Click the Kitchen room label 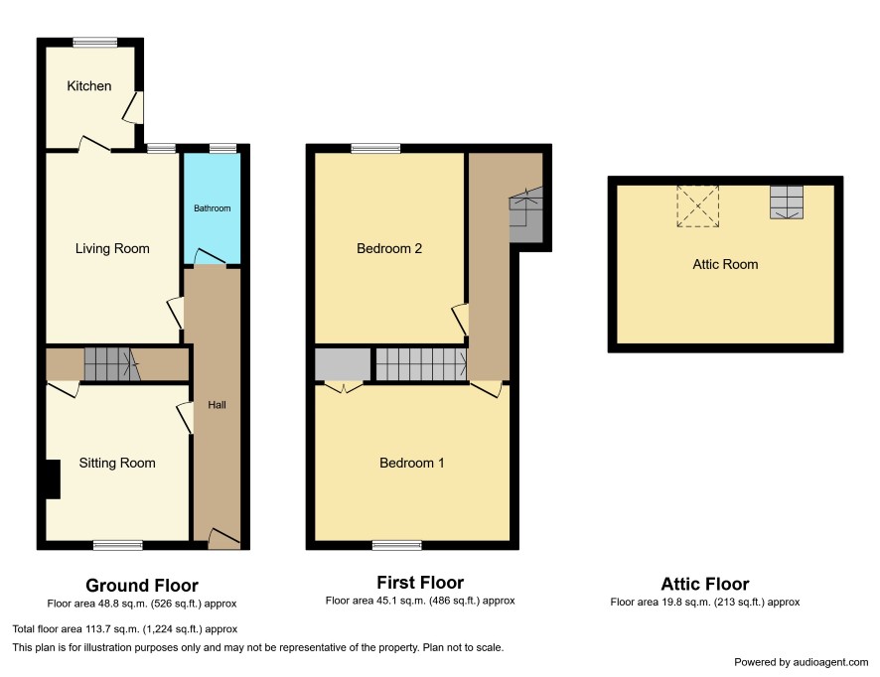point(88,85)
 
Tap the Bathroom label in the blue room point(213,208)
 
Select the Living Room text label point(112,248)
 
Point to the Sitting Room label point(117,463)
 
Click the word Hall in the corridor point(217,405)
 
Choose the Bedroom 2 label point(389,248)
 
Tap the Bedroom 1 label point(411,463)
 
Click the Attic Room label point(725,264)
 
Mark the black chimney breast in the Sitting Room point(53,479)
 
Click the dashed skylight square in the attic point(697,206)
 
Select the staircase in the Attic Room point(787,202)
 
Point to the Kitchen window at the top point(94,42)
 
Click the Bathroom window point(222,149)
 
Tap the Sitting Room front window point(118,545)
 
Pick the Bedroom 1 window point(396,545)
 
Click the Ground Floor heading point(142,586)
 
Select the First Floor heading point(420,583)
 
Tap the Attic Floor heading point(705,584)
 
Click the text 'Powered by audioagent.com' point(802,662)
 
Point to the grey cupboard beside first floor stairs point(343,364)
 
